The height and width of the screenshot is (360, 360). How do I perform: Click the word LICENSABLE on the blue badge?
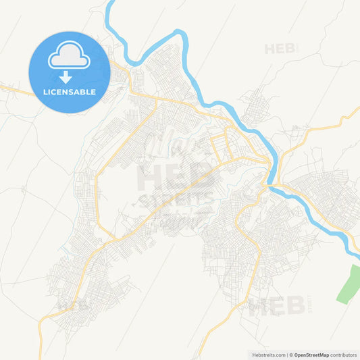coord(69,91)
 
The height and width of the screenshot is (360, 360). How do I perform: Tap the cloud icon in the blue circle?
coord(69,57)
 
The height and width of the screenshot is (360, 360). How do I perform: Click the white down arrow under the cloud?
coord(66,77)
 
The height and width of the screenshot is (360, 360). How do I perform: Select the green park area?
coord(349,284)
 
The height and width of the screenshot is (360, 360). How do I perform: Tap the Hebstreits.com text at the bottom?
coord(269,355)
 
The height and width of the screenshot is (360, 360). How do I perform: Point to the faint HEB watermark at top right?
coord(280,49)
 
